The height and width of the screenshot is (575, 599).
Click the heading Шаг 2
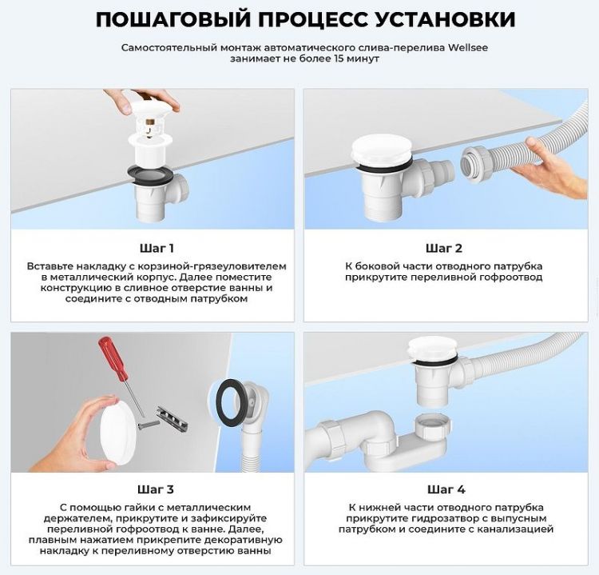click(444, 248)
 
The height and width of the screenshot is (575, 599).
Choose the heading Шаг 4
click(444, 489)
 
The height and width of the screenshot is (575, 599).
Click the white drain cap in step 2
click(381, 149)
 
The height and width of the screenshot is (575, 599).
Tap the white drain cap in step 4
click(432, 349)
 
